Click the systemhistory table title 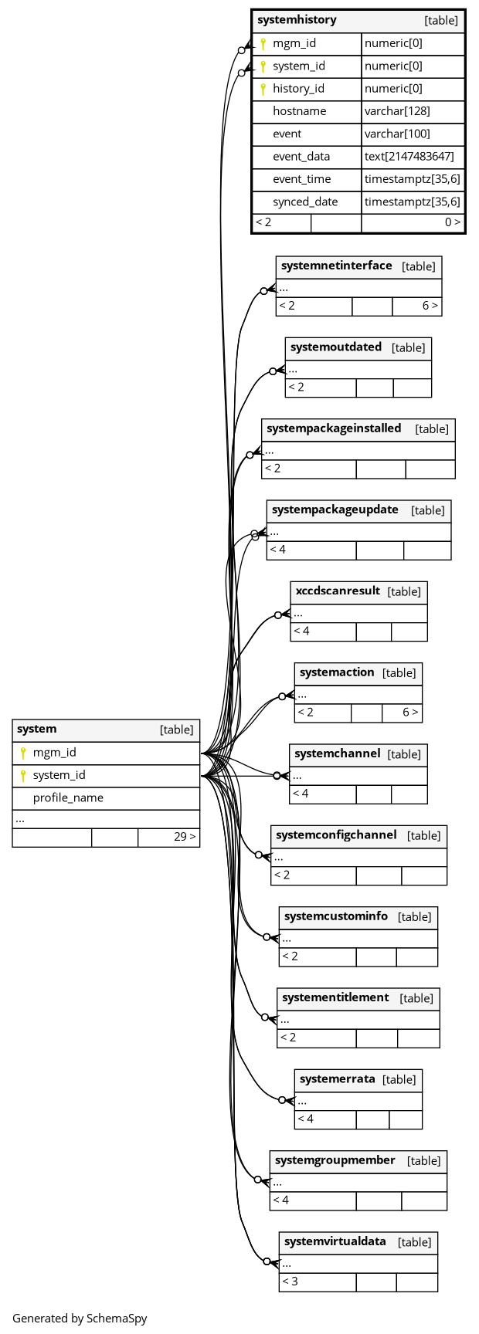(x=297, y=20)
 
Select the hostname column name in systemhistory (x=299, y=111)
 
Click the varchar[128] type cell (x=397, y=111)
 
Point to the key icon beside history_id (x=263, y=89)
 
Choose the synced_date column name (x=305, y=201)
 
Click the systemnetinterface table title (x=336, y=266)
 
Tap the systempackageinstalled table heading (x=334, y=428)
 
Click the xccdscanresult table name (x=338, y=591)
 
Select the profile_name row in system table (x=68, y=797)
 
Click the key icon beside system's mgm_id (x=23, y=753)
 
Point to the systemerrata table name (x=337, y=1079)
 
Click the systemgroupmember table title (x=335, y=1160)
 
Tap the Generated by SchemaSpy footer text (x=80, y=1319)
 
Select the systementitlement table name (x=335, y=997)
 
